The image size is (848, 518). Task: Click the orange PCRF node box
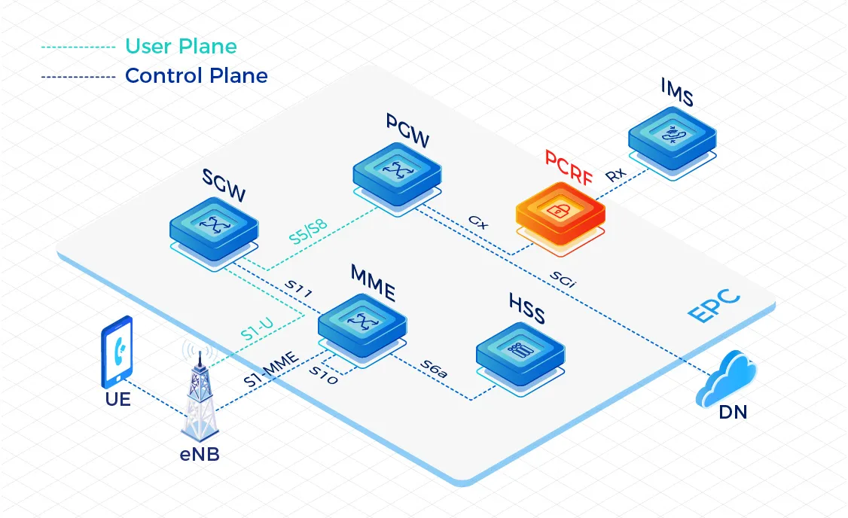pos(560,212)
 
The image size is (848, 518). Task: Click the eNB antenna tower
pos(200,395)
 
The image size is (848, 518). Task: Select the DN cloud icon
pos(726,379)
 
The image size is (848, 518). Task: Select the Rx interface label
pos(615,175)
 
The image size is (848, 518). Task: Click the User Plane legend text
pos(181,47)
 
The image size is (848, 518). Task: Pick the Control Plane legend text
pos(196,76)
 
